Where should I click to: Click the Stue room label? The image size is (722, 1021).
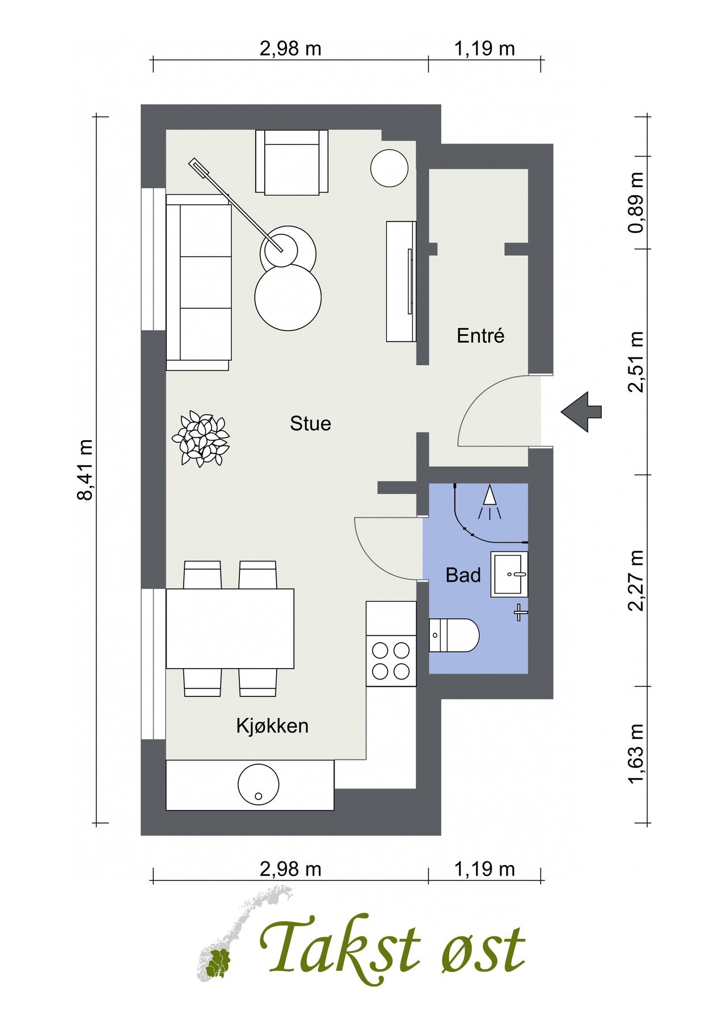(310, 424)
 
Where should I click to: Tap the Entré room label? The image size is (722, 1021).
(480, 336)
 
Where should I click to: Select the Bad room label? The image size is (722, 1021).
(463, 575)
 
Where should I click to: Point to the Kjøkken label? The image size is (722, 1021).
(272, 725)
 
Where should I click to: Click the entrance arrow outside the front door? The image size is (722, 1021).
(581, 412)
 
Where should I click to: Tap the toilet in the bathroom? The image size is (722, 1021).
(454, 635)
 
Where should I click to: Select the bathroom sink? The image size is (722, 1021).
(509, 574)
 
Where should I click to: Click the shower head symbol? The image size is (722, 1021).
(489, 502)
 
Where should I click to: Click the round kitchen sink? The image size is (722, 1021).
(259, 784)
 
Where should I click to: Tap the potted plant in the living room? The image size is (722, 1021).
(201, 438)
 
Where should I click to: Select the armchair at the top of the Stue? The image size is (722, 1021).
(292, 163)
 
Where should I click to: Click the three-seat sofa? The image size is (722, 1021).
(199, 282)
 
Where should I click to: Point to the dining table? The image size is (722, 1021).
(230, 628)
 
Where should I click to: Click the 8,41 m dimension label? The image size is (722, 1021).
(85, 470)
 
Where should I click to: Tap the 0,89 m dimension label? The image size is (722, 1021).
(636, 202)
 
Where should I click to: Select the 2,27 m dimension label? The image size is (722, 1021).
(636, 580)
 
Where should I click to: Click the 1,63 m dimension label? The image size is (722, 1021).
(636, 754)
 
